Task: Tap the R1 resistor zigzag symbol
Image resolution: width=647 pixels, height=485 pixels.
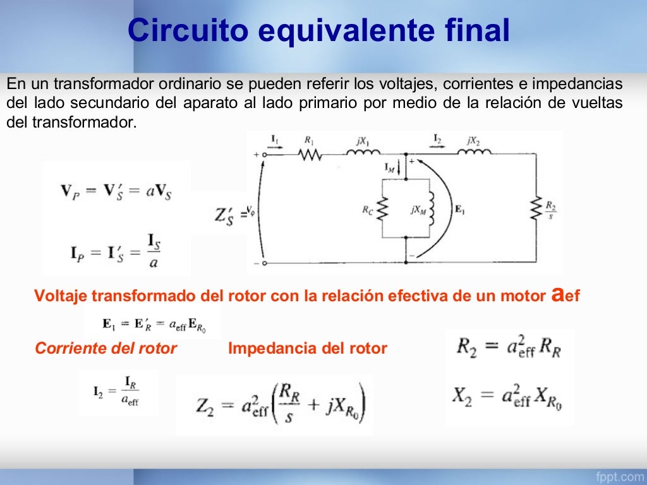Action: (311, 154)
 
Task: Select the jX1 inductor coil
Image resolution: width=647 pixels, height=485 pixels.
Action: (362, 153)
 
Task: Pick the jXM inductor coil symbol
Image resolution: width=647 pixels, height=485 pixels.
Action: (432, 209)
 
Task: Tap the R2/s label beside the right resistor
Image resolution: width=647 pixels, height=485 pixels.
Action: (551, 210)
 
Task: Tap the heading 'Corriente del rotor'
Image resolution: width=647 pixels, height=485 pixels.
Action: (106, 348)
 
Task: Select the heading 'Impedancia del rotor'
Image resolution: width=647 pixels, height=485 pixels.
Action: (308, 348)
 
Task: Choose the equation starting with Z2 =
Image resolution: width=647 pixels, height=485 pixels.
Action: (274, 405)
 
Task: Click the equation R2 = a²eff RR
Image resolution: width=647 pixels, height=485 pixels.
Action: (509, 348)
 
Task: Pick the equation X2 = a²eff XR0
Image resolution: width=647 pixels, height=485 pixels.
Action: (509, 396)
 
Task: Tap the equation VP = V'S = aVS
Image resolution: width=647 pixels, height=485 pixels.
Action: (116, 191)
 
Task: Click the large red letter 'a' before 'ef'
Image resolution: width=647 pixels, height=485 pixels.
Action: (557, 294)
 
